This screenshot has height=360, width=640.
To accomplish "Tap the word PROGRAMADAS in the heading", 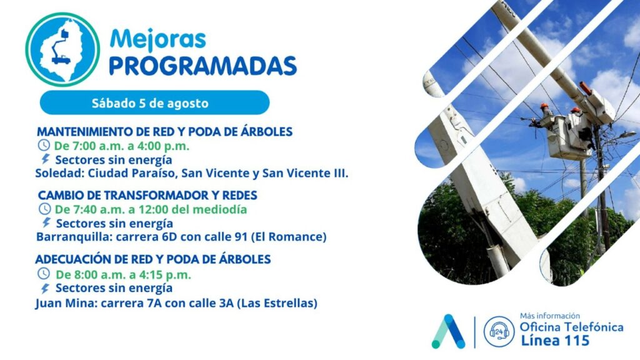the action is [x=203, y=66].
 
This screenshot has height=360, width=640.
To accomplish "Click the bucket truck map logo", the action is [x=62, y=49].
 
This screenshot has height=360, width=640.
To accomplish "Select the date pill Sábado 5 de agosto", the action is [x=155, y=102].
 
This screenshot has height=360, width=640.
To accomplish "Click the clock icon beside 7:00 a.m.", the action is [x=44, y=145].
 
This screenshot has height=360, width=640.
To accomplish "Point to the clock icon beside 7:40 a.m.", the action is [x=44, y=209].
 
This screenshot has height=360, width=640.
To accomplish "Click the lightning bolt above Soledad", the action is [x=45, y=159].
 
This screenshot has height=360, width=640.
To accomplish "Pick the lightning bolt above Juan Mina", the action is [x=45, y=288].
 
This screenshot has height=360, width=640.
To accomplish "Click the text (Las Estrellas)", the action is [x=277, y=303].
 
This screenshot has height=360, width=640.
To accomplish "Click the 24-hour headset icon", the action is [x=499, y=332].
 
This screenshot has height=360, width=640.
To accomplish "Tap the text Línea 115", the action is [x=555, y=341].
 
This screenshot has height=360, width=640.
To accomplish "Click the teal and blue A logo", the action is [x=449, y=331].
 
